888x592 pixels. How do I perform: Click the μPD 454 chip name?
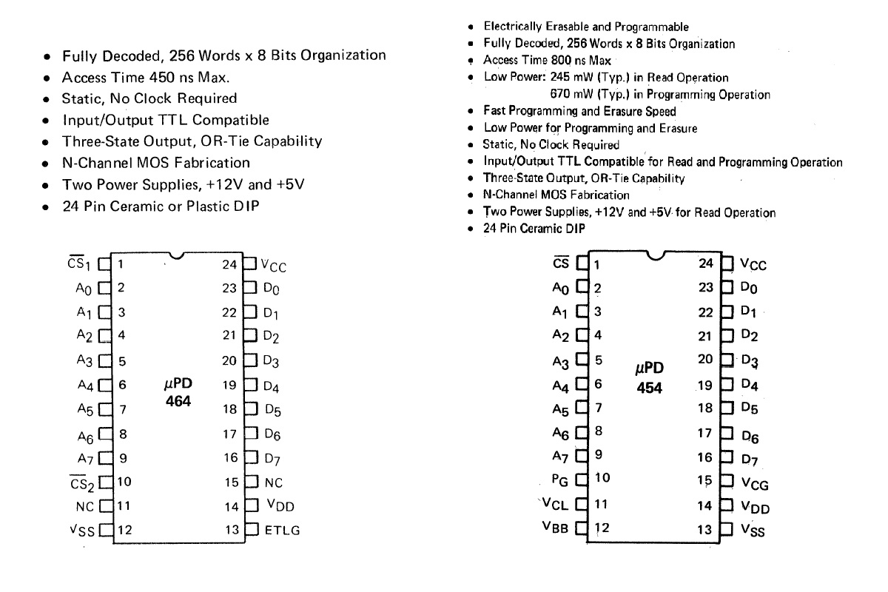point(650,377)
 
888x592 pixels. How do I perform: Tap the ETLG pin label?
point(282,531)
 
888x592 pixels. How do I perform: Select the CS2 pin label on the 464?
point(78,482)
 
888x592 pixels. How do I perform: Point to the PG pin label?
point(560,479)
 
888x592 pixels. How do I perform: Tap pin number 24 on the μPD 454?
point(706,263)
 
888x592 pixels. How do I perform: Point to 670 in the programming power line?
point(562,94)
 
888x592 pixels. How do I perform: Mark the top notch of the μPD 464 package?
point(175,256)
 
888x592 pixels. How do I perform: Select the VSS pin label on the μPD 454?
point(753,531)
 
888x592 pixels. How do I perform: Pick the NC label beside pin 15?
point(274,482)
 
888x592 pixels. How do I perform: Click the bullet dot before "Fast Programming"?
point(471,112)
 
